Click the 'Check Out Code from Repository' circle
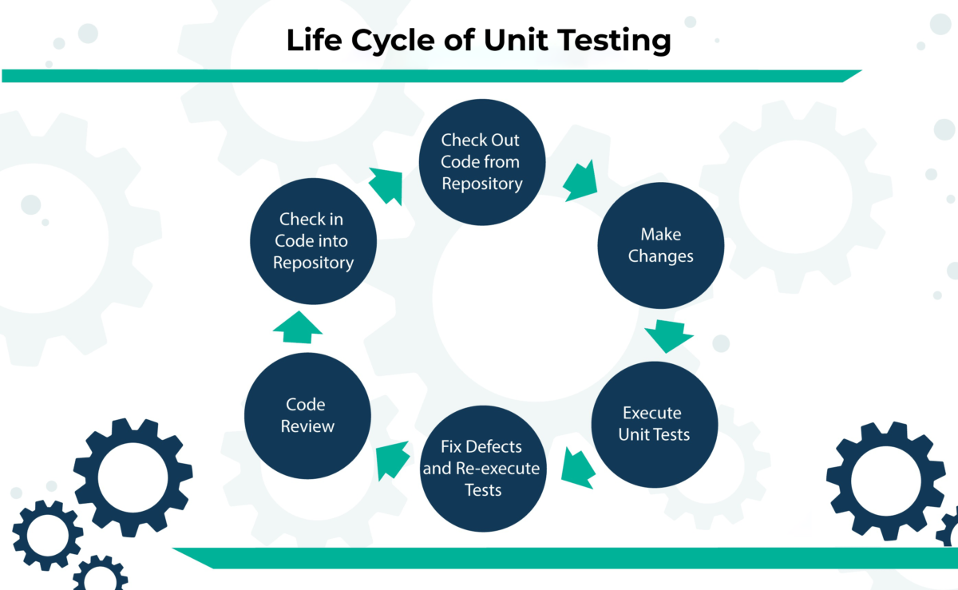click(482, 162)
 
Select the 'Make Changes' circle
click(661, 245)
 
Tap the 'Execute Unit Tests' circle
click(653, 424)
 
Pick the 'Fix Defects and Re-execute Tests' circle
click(482, 468)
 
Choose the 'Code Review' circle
click(307, 415)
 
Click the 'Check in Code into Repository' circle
click(313, 240)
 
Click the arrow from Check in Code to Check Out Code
click(387, 185)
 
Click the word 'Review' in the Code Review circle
click(307, 426)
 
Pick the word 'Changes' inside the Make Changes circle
click(661, 256)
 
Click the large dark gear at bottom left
click(133, 477)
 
